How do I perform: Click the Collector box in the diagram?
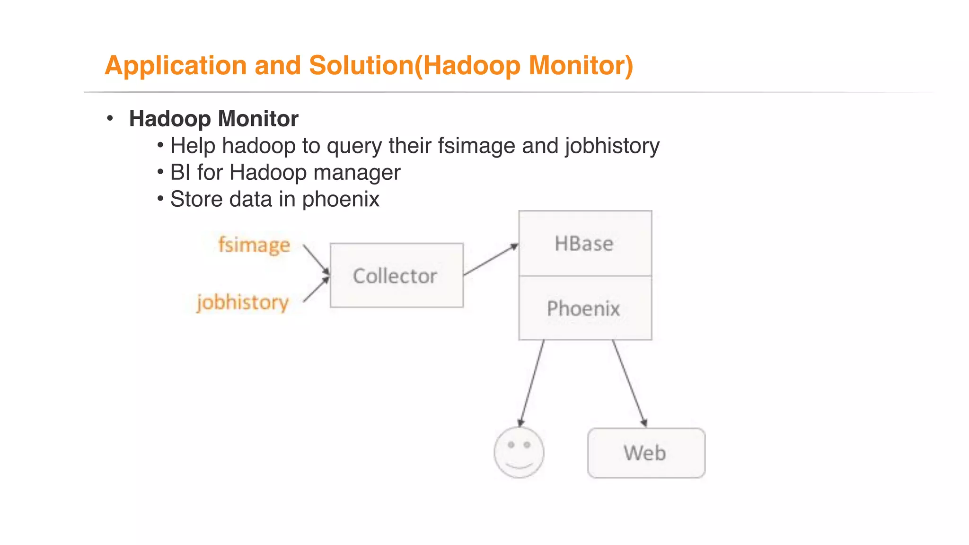tap(396, 276)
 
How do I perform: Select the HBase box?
tap(585, 244)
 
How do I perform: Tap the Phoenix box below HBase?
tap(585, 308)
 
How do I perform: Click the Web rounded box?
tap(646, 453)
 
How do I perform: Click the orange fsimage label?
tap(254, 245)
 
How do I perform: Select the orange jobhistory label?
tap(243, 302)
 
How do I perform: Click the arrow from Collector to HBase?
tap(491, 260)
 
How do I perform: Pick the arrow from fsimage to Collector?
tap(316, 259)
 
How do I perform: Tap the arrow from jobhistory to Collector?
tap(316, 290)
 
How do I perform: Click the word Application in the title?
tap(176, 66)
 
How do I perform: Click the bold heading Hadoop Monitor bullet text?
tap(213, 119)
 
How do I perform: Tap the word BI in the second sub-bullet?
tap(180, 172)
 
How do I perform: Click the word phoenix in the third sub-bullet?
tap(341, 199)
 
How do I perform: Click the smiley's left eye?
tap(511, 445)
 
